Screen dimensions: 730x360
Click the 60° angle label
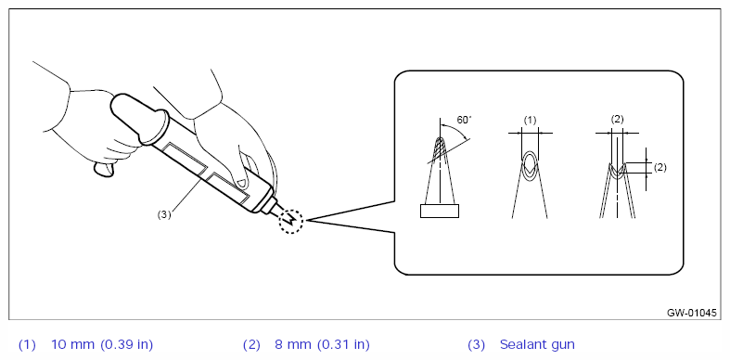click(x=464, y=121)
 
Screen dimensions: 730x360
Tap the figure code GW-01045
click(x=691, y=313)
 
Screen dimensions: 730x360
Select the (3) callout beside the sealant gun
click(x=164, y=214)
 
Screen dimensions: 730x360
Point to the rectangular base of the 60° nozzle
click(x=439, y=211)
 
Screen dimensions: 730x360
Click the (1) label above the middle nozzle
click(x=530, y=121)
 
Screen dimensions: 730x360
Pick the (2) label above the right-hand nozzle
click(x=617, y=119)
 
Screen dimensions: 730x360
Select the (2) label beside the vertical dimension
click(x=660, y=168)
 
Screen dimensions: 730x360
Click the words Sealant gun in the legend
click(x=537, y=345)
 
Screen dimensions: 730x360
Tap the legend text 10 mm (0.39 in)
click(x=102, y=345)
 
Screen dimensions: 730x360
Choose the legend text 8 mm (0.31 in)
click(x=322, y=345)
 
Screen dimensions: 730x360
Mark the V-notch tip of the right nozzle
click(x=618, y=172)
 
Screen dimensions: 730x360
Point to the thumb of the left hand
click(x=104, y=170)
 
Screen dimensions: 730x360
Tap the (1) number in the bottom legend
click(x=27, y=345)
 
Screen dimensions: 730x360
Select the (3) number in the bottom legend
click(x=476, y=345)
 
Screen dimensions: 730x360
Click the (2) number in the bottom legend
click(x=251, y=345)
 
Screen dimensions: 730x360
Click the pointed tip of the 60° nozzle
click(x=439, y=138)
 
